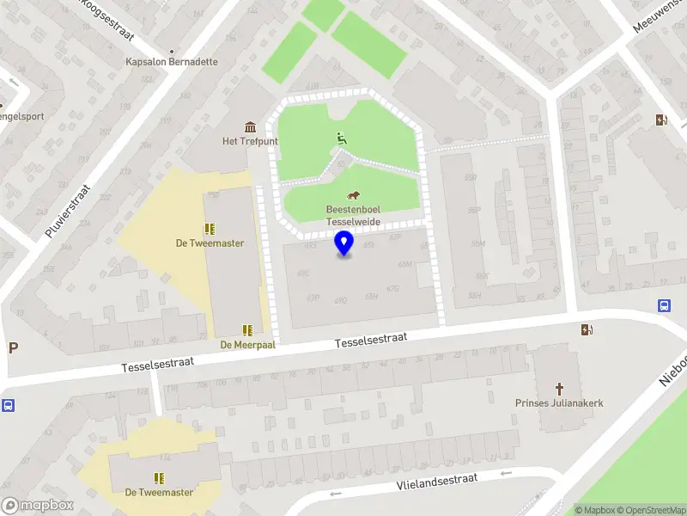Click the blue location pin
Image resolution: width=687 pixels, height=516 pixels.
[344, 243]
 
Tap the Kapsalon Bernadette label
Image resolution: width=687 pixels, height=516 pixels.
[172, 62]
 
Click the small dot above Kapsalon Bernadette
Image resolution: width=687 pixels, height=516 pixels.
[172, 50]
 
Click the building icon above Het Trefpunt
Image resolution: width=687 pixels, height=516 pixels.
[250, 127]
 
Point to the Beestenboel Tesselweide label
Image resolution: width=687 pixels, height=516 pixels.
[353, 215]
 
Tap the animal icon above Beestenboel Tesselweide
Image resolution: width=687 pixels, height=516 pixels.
[353, 194]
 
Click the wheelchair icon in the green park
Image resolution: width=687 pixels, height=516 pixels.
[340, 136]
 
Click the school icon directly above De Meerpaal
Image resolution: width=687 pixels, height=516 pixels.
[247, 329]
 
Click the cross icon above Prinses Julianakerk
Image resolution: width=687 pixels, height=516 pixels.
[559, 388]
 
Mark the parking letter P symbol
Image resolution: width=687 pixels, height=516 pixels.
[13, 347]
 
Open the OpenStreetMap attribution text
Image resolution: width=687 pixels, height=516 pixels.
[651, 510]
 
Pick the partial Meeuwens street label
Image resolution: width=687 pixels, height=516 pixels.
[657, 17]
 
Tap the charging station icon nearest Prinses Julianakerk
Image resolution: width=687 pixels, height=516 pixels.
[587, 329]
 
